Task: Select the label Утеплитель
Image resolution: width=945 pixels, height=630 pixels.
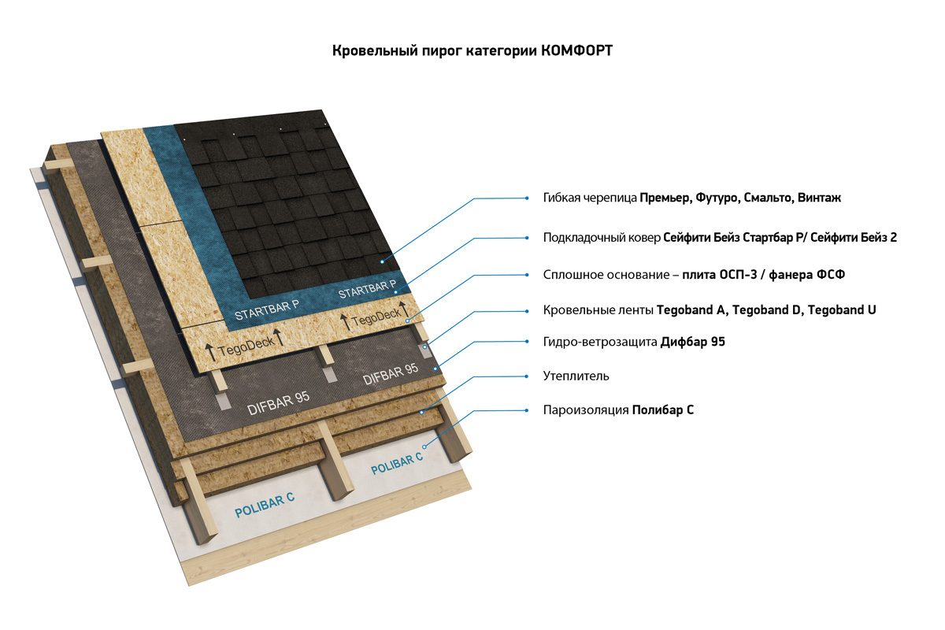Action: (576, 376)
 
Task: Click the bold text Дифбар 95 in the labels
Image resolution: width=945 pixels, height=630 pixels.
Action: (694, 343)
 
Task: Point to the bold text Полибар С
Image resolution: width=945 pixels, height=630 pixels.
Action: (662, 410)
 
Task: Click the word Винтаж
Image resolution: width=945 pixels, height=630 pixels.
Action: (819, 198)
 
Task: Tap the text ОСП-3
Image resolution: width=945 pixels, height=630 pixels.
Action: (735, 275)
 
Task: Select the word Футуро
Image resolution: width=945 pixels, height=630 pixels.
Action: (714, 198)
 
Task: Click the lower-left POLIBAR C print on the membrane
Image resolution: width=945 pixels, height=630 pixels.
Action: (265, 505)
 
